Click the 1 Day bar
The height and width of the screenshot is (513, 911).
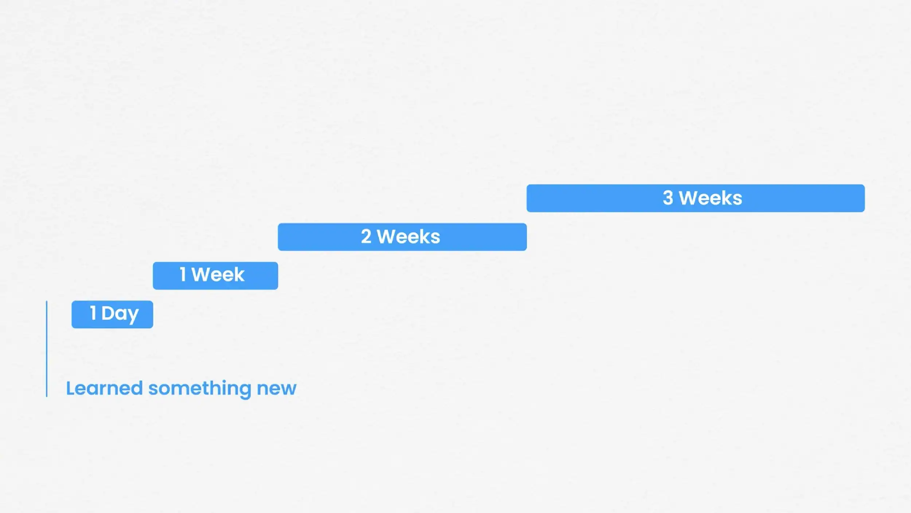click(x=112, y=314)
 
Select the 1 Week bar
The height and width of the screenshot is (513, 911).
click(x=215, y=276)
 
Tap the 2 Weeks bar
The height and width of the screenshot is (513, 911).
click(x=402, y=237)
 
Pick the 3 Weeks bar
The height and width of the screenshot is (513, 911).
click(x=696, y=198)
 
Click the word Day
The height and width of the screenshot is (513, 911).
click(x=120, y=314)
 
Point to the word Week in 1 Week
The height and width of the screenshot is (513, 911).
click(x=218, y=275)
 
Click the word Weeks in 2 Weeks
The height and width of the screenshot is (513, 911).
click(x=408, y=237)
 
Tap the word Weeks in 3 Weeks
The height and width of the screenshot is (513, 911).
click(x=711, y=198)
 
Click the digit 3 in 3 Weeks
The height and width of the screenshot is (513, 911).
click(x=668, y=198)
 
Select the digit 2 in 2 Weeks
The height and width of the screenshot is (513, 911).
click(x=366, y=237)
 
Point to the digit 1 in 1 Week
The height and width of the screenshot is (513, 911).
click(x=183, y=275)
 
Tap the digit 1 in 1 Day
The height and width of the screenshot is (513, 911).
click(x=93, y=313)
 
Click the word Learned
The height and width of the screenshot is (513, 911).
click(x=104, y=388)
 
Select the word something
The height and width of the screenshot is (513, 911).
click(x=200, y=389)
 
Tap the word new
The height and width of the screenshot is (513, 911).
click(x=277, y=389)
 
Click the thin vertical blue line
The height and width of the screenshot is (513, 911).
click(x=47, y=349)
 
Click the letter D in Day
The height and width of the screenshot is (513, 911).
click(x=108, y=313)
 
